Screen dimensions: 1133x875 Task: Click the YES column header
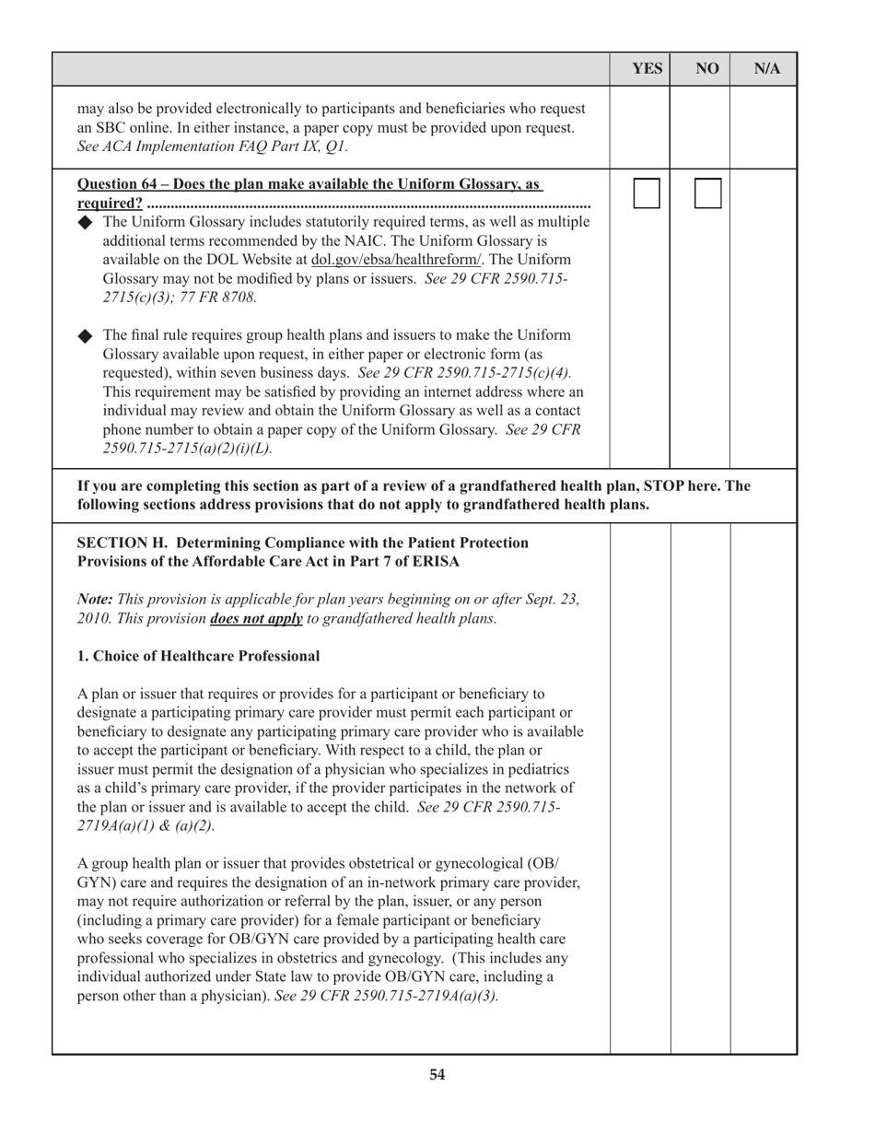[647, 69]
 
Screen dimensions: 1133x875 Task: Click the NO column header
[707, 69]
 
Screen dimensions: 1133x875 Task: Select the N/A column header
[767, 69]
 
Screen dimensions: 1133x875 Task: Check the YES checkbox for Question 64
[647, 193]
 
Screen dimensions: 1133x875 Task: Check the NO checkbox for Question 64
[707, 193]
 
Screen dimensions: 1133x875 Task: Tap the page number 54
[437, 1074]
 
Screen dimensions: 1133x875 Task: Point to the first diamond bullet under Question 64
[87, 222]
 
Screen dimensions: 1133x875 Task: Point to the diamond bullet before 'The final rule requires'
[87, 334]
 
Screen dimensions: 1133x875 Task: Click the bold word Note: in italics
[96, 599]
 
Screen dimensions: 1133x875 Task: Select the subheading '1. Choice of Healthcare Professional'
[199, 656]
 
